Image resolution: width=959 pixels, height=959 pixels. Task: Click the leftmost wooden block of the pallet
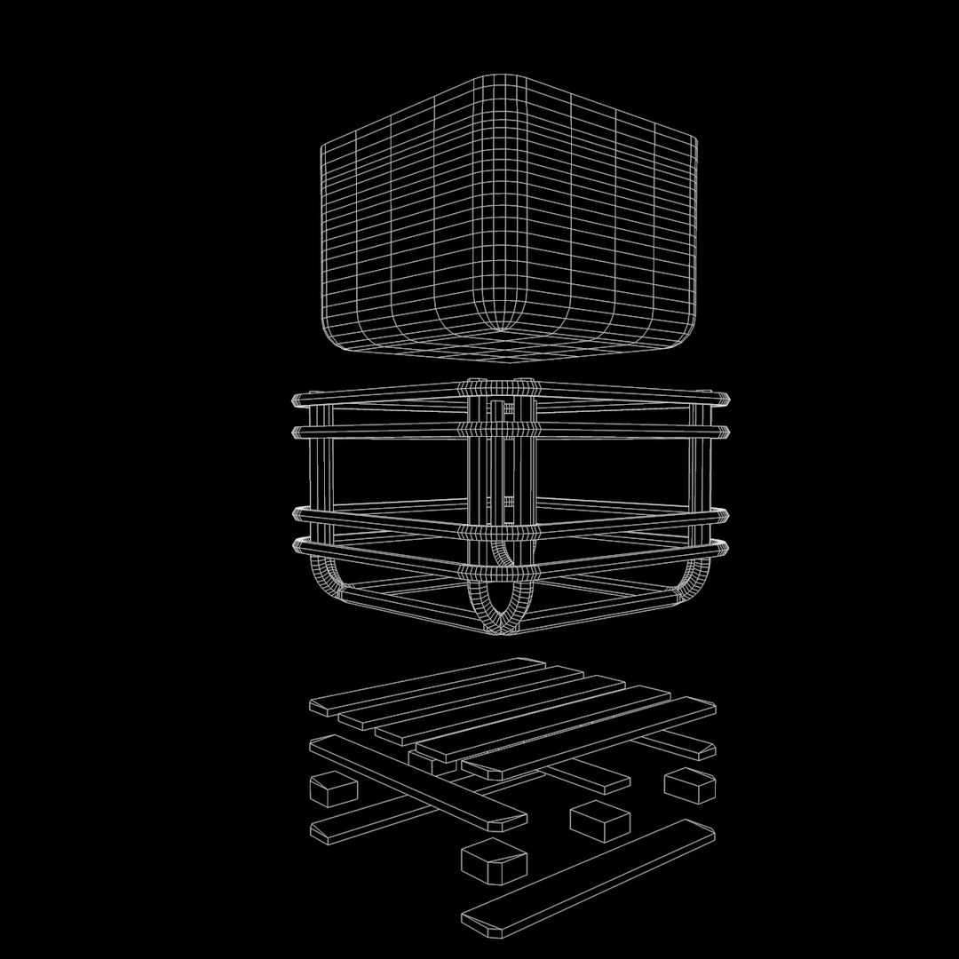(x=332, y=789)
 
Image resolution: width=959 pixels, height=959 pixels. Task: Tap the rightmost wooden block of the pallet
(x=690, y=785)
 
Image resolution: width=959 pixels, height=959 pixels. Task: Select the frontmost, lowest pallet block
(x=494, y=861)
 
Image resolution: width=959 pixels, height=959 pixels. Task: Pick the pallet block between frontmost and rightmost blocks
(x=600, y=820)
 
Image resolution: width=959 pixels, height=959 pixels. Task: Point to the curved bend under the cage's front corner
(x=503, y=608)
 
